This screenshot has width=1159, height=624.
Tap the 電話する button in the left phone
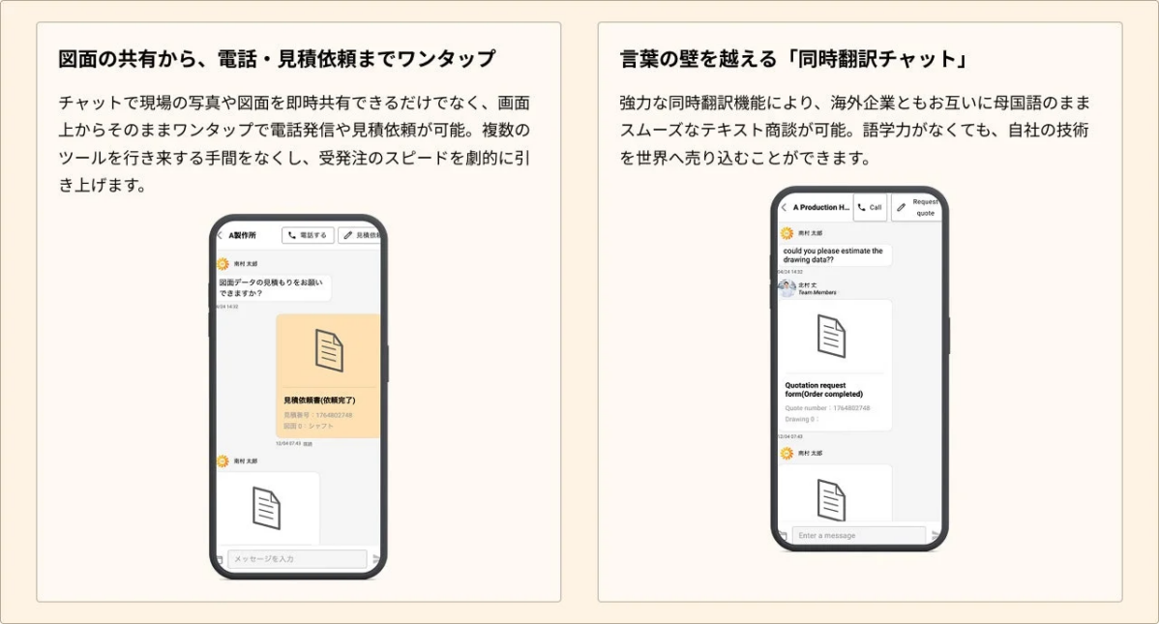pyautogui.click(x=308, y=235)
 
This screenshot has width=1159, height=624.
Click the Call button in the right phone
pyautogui.click(x=870, y=207)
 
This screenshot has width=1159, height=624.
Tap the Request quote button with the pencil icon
pyautogui.click(x=916, y=207)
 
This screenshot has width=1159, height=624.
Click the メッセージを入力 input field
pyautogui.click(x=297, y=559)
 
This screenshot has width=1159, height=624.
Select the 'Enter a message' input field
pyautogui.click(x=858, y=535)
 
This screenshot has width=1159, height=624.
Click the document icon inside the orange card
pyautogui.click(x=329, y=350)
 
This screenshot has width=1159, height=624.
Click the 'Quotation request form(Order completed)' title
pyautogui.click(x=823, y=389)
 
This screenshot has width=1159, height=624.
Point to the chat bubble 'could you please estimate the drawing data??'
pyautogui.click(x=833, y=255)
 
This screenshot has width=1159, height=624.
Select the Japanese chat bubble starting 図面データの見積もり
pyautogui.click(x=274, y=287)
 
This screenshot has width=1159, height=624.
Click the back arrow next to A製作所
pyautogui.click(x=220, y=235)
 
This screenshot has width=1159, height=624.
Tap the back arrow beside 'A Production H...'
pyautogui.click(x=784, y=207)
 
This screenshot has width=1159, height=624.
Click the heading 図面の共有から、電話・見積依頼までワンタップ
pyautogui.click(x=277, y=59)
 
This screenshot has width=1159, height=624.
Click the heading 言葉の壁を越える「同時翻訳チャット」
pyautogui.click(x=793, y=59)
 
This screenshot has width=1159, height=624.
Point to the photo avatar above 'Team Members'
pyautogui.click(x=788, y=288)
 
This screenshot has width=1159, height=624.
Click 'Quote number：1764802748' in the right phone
pyautogui.click(x=827, y=408)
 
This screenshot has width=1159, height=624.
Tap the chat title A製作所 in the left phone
pyautogui.click(x=243, y=235)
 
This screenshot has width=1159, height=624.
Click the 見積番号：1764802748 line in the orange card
pyautogui.click(x=318, y=414)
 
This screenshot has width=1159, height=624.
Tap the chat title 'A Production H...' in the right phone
pyautogui.click(x=821, y=207)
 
